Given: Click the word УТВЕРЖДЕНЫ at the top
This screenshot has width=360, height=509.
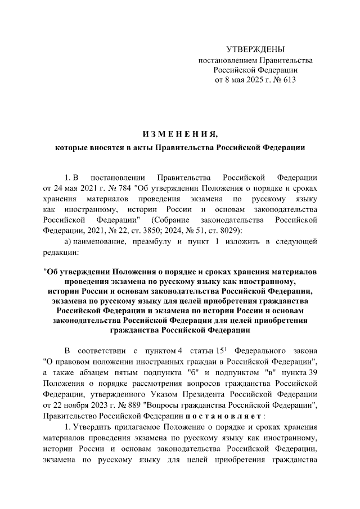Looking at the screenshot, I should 255,49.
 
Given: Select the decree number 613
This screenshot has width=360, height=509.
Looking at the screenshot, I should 288,80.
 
